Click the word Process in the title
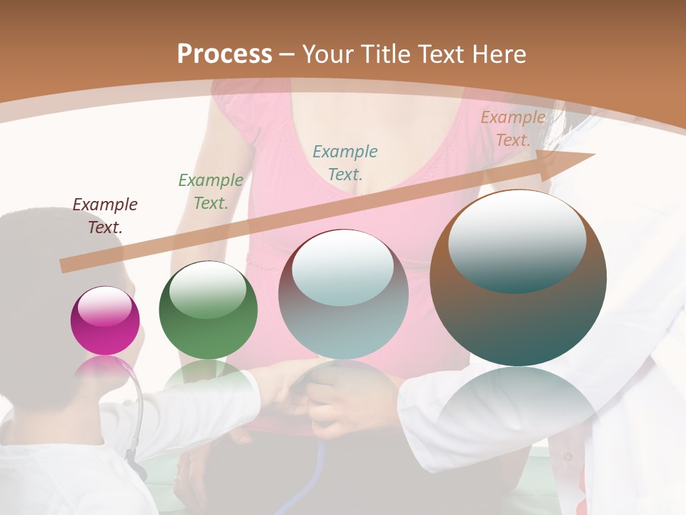(x=224, y=54)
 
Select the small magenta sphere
(x=105, y=321)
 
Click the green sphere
(x=208, y=310)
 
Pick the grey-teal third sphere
(x=343, y=295)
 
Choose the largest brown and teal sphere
(x=518, y=279)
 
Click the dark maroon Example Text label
(x=105, y=216)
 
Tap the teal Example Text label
(x=344, y=162)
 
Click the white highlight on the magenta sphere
(x=105, y=306)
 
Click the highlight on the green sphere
(x=207, y=290)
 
